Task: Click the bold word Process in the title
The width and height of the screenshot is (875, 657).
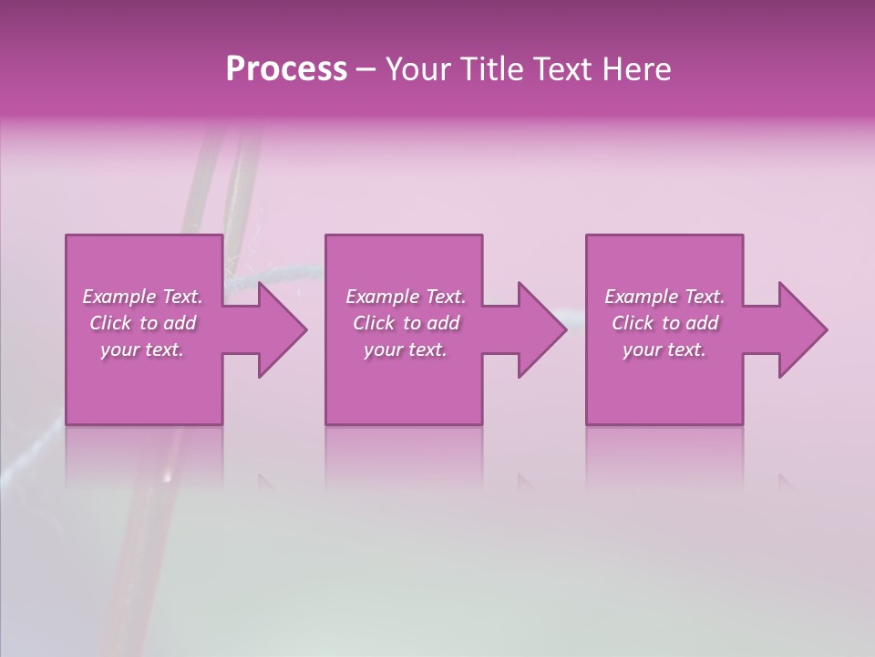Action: pos(286,69)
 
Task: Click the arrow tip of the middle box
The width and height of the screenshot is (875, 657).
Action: pos(565,329)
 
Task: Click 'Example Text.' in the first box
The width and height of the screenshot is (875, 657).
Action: pos(142,297)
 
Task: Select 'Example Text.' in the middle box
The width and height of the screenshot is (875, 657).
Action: pos(406,297)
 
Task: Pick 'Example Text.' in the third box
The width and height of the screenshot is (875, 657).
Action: pos(664,297)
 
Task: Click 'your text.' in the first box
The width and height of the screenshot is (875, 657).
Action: pos(142,349)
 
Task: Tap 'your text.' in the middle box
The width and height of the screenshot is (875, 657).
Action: pos(406,349)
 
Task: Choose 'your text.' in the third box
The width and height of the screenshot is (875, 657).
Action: pos(664,349)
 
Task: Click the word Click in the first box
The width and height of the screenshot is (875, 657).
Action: pos(110,323)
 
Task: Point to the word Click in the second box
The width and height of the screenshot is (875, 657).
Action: pos(374,323)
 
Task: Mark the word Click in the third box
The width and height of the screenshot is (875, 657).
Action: pos(633,323)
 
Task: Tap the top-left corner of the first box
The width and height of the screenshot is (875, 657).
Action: pos(67,236)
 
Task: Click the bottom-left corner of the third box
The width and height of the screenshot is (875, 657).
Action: pos(587,423)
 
